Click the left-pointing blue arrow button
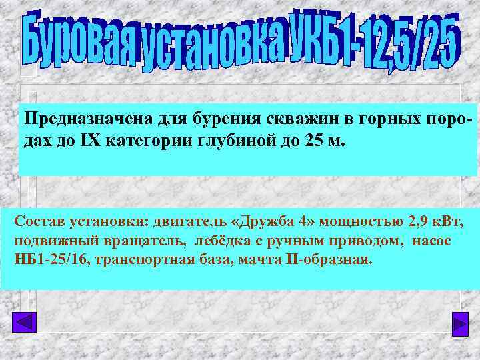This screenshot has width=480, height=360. coord(25,323)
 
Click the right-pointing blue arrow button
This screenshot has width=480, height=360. coord(459,323)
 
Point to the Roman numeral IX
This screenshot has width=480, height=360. coord(72,141)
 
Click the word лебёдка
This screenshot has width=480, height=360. coord(214,240)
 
